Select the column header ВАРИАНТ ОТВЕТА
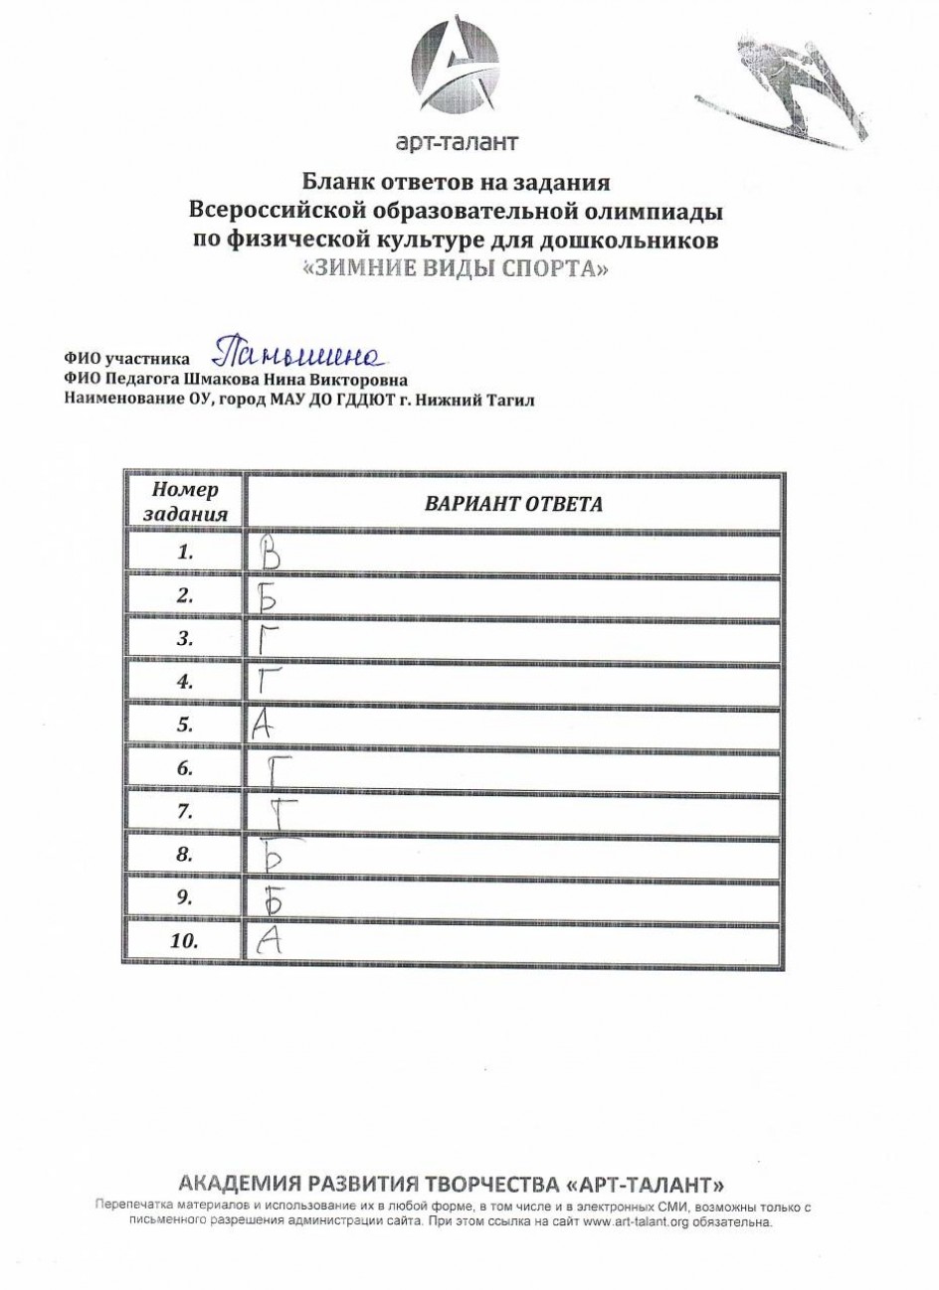click(x=513, y=504)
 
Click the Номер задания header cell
click(x=185, y=502)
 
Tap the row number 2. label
click(x=184, y=595)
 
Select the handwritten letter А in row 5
click(x=262, y=726)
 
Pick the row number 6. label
click(x=184, y=768)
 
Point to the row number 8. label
click(x=184, y=854)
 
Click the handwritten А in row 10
click(x=266, y=940)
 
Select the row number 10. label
click(x=184, y=940)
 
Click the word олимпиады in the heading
click(x=657, y=213)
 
